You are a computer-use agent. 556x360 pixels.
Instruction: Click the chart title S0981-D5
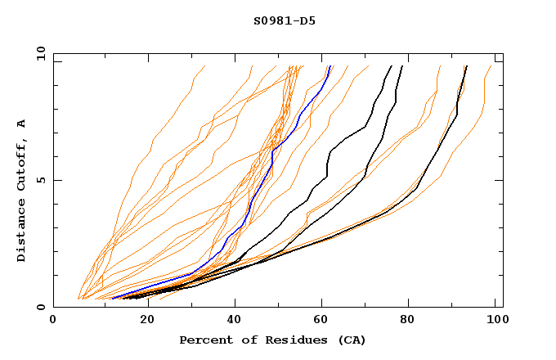click(284, 20)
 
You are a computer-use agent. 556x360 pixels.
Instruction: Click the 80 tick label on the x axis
click(408, 320)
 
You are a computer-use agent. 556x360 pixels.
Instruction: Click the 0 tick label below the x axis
click(54, 320)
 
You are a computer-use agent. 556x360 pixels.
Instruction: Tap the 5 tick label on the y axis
click(40, 180)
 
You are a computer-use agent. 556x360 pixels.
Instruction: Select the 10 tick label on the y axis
click(38, 53)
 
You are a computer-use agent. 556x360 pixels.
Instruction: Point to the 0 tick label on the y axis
click(40, 307)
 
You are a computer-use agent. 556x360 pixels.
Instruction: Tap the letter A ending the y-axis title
click(21, 123)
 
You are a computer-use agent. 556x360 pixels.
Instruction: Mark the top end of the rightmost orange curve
click(491, 66)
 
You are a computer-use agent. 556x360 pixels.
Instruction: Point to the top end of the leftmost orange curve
click(204, 66)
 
